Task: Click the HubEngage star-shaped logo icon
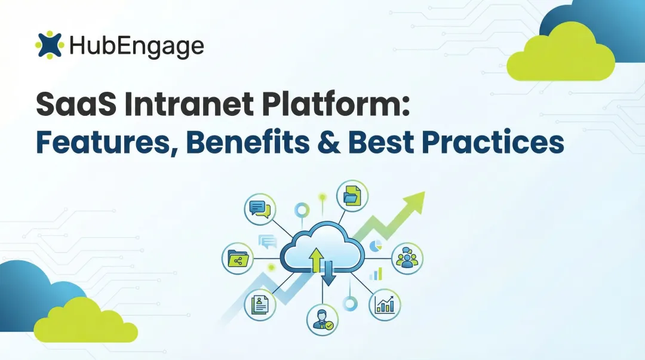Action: [x=49, y=45]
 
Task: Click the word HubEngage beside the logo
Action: [x=136, y=45]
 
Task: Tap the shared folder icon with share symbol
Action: [x=238, y=258]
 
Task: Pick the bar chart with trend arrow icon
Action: [x=385, y=304]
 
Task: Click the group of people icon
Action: [x=407, y=258]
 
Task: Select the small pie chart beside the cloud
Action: [x=376, y=245]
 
